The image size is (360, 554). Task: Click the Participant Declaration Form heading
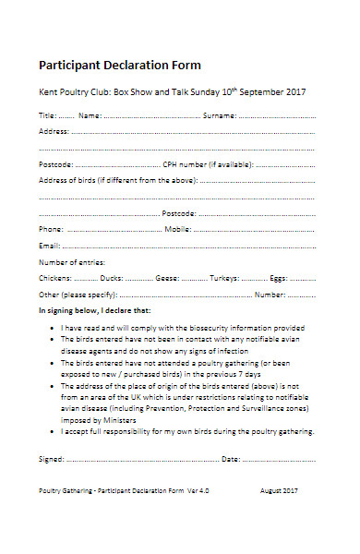click(119, 66)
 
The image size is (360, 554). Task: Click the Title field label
click(46, 115)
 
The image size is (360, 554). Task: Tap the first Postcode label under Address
click(55, 164)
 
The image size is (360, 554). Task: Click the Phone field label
click(51, 229)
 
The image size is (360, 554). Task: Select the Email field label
click(49, 246)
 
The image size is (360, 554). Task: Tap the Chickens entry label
click(54, 278)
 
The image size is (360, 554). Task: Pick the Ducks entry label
click(112, 278)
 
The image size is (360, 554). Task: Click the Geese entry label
click(167, 278)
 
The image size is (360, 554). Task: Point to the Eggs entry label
click(279, 278)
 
